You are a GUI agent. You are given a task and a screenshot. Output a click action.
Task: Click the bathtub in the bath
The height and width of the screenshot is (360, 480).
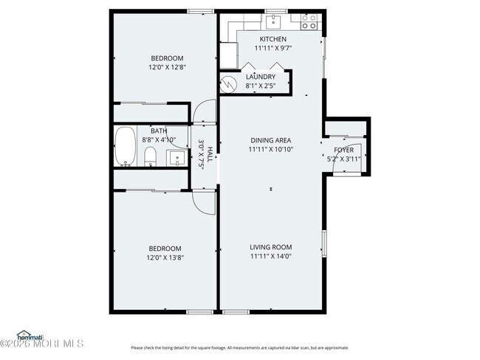pos(126,146)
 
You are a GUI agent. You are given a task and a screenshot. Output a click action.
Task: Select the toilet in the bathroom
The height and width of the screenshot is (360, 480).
pos(149,156)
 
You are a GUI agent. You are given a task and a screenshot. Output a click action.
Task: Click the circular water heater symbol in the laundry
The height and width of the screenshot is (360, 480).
pos(229,83)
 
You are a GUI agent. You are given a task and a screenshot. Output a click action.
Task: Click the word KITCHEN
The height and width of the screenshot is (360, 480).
pos(272,39)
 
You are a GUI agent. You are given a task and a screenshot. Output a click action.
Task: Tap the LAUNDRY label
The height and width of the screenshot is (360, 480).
pos(261,77)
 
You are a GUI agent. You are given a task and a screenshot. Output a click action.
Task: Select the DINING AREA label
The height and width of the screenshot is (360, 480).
pos(270,140)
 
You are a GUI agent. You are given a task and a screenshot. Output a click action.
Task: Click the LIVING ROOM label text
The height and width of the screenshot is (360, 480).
pos(270,247)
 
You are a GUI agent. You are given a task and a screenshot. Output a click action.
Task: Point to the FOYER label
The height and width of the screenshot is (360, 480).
pos(344,150)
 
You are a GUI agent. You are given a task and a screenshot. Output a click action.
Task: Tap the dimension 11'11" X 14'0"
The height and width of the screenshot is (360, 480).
pos(270,257)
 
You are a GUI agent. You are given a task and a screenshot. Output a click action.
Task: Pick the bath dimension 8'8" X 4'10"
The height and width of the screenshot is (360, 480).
pos(159,139)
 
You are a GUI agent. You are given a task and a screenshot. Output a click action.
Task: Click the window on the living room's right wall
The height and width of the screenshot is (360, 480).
pos(323,243)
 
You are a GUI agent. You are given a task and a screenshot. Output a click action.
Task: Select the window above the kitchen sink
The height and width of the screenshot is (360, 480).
pos(275,11)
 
